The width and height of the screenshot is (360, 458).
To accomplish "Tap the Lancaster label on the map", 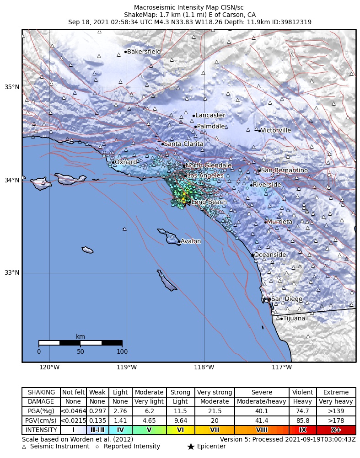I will pos(210,115).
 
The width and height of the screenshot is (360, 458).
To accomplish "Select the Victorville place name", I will pos(276,130).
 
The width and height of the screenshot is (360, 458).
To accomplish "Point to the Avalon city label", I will pos(190,241).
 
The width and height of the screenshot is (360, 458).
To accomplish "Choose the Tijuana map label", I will pos(294,318).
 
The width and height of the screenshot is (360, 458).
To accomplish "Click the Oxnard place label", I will pos(125,162).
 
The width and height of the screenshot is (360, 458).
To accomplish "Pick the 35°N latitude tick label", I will pos(12,87).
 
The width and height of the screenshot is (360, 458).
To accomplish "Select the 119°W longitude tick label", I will pos(127,367).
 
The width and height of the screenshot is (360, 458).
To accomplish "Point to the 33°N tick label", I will pos(12,273).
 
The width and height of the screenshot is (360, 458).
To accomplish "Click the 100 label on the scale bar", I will pos(122,351).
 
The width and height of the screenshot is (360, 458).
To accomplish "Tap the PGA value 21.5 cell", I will pos(215,411).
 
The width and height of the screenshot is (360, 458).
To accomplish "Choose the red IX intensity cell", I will pos(302,430).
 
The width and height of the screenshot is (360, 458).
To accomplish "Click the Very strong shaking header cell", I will pos(215,392).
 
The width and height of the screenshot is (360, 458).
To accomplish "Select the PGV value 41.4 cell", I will pos(262,421).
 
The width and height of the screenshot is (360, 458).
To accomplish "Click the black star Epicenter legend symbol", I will pos(191,447).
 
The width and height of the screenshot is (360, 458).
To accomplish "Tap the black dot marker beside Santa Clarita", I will pos(162,144).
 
